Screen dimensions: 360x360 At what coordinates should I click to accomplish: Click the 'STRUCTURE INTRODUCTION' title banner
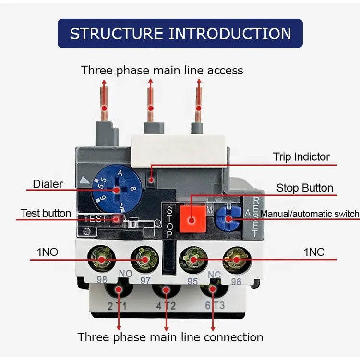point(180,34)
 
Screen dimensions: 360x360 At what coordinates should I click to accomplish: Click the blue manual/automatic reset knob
point(228,219)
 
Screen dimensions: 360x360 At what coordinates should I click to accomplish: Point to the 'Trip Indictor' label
point(301,157)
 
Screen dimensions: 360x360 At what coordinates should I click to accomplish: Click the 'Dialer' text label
point(48,183)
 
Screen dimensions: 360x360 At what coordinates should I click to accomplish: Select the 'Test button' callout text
point(46,213)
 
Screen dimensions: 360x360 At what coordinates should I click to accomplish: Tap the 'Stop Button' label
point(304,188)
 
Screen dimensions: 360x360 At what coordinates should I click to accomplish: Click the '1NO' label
point(48,252)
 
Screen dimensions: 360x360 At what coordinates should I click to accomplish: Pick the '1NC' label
point(314,252)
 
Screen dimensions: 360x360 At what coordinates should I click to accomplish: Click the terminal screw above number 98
point(102,260)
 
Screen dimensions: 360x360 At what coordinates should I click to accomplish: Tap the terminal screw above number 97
point(145,260)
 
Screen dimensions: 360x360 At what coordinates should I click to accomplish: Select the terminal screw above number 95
point(192,260)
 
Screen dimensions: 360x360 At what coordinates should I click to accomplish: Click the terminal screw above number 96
point(236,260)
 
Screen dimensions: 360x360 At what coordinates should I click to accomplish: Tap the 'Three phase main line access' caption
point(162,70)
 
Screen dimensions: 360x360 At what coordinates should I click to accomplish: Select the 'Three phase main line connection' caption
point(170,337)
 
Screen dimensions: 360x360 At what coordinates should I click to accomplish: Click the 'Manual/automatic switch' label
point(309,214)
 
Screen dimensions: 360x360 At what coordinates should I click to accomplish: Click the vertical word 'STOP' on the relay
point(169,221)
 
